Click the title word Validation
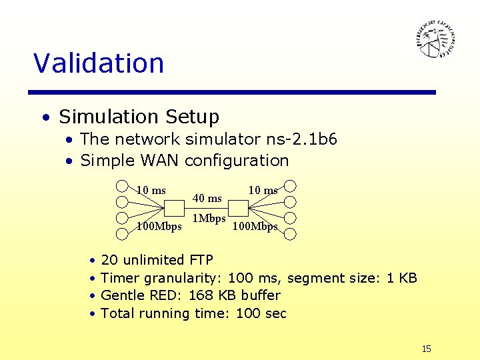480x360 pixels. tap(99, 63)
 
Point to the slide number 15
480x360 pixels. tap(427, 349)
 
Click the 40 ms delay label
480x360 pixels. tap(207, 198)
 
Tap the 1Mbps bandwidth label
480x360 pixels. tap(209, 218)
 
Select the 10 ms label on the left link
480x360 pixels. tap(151, 191)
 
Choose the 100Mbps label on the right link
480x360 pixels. tap(255, 227)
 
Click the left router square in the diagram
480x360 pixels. tap(174, 209)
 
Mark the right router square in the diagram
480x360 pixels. tap(238, 209)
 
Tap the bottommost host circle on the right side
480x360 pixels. tap(290, 233)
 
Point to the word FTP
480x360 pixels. tap(201, 260)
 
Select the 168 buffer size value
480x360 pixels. tap(201, 295)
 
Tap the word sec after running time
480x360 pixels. tap(275, 313)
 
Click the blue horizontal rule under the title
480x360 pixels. tap(235, 92)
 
